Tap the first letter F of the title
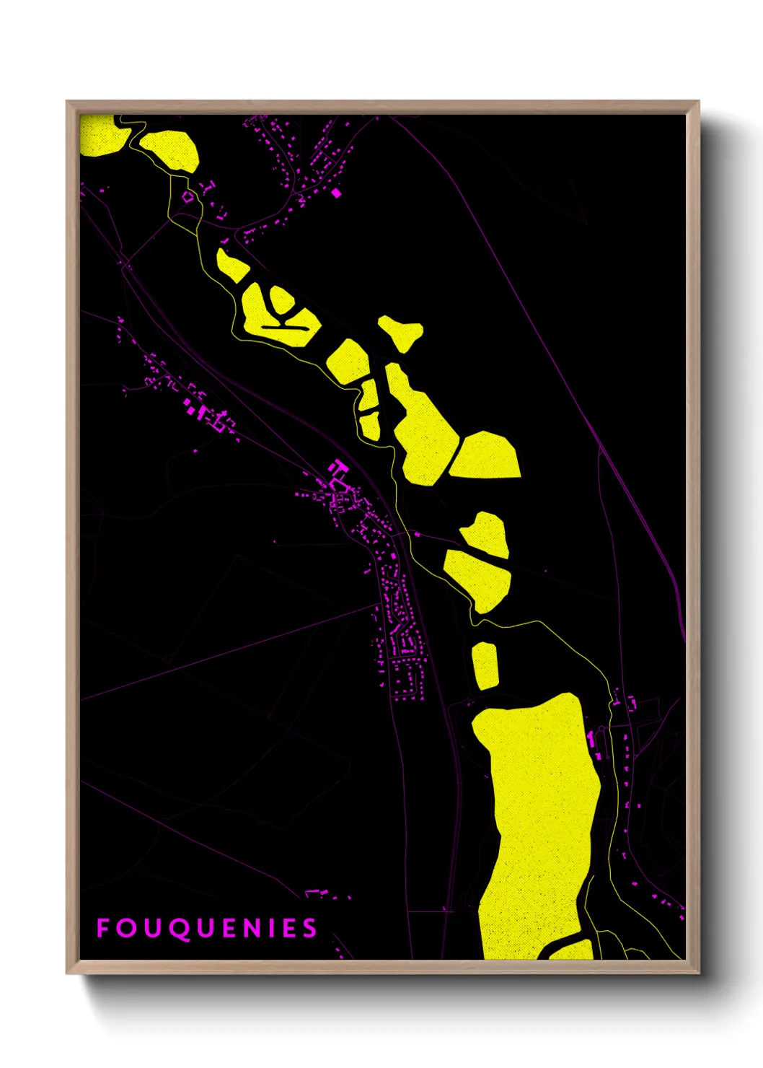(x=103, y=928)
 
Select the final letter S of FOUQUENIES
(x=310, y=928)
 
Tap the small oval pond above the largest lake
(x=485, y=665)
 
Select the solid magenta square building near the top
(x=335, y=193)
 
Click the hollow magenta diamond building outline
(x=188, y=196)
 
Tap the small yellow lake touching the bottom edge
(x=573, y=950)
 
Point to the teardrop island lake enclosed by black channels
(x=281, y=299)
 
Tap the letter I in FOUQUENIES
(x=273, y=928)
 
